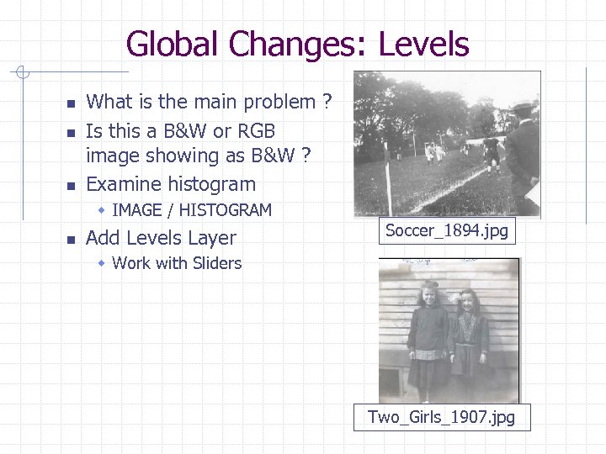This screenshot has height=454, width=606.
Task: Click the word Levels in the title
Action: point(423,44)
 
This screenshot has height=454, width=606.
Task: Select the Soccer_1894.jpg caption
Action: point(447,230)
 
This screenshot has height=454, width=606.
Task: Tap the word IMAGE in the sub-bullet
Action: point(138,210)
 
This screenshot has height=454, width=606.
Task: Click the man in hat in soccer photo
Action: point(523,151)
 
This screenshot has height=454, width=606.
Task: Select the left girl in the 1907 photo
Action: point(428,336)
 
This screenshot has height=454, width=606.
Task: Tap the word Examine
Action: point(125,183)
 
